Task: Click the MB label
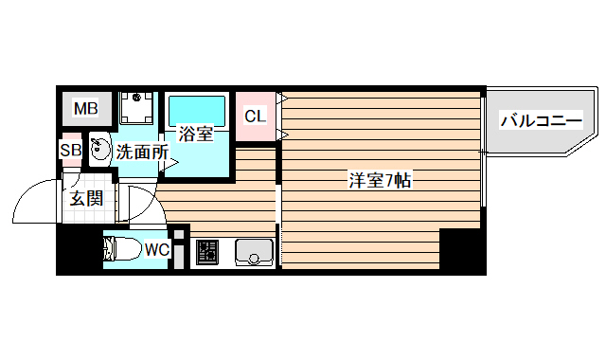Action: click(86, 109)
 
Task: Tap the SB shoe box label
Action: click(70, 150)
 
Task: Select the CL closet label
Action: click(255, 117)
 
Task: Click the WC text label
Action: click(156, 250)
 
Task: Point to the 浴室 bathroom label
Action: click(195, 135)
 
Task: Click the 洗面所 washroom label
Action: click(142, 151)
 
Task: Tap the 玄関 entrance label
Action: click(85, 199)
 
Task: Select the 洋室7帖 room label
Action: click(379, 179)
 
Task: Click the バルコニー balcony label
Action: click(540, 120)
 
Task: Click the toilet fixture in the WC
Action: click(120, 250)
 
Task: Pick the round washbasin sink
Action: click(98, 150)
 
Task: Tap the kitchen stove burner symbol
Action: click(206, 252)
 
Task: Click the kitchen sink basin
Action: click(253, 252)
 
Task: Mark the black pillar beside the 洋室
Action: click(462, 251)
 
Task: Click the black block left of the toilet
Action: click(79, 252)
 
